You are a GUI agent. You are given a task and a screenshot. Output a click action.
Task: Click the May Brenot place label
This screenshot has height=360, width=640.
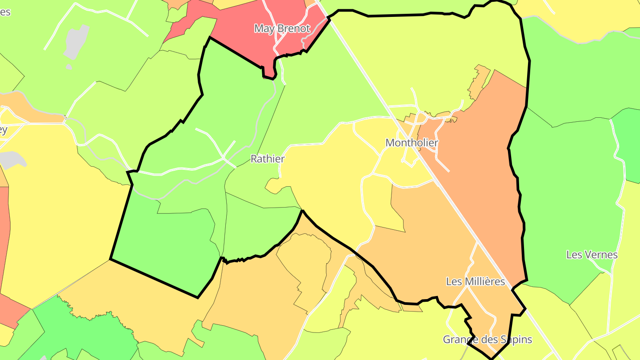pyautogui.click(x=282, y=29)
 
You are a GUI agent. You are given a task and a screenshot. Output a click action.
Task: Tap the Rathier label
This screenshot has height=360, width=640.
pyautogui.click(x=268, y=159)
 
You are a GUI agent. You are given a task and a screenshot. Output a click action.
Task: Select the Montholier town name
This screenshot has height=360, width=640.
pyautogui.click(x=412, y=143)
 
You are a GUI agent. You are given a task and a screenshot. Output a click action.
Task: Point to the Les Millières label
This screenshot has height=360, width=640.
pyautogui.click(x=475, y=282)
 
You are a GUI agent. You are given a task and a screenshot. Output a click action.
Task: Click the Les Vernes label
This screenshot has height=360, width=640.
pyautogui.click(x=592, y=255)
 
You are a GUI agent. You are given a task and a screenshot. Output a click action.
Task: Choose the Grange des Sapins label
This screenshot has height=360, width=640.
pyautogui.click(x=487, y=340)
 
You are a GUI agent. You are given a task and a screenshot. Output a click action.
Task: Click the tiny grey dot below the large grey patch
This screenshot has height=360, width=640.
pyautogui.click(x=68, y=67)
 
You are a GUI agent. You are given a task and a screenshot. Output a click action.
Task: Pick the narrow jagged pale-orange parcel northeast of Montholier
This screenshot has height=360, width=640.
pyautogui.click(x=479, y=82)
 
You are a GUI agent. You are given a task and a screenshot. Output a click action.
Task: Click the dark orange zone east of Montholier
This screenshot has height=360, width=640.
pyautogui.click(x=480, y=178)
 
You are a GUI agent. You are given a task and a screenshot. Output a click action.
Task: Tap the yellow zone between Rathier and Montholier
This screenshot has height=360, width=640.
pyautogui.click(x=329, y=187)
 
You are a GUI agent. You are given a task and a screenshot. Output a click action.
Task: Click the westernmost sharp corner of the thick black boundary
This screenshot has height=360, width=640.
pyautogui.click(x=110, y=259)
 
